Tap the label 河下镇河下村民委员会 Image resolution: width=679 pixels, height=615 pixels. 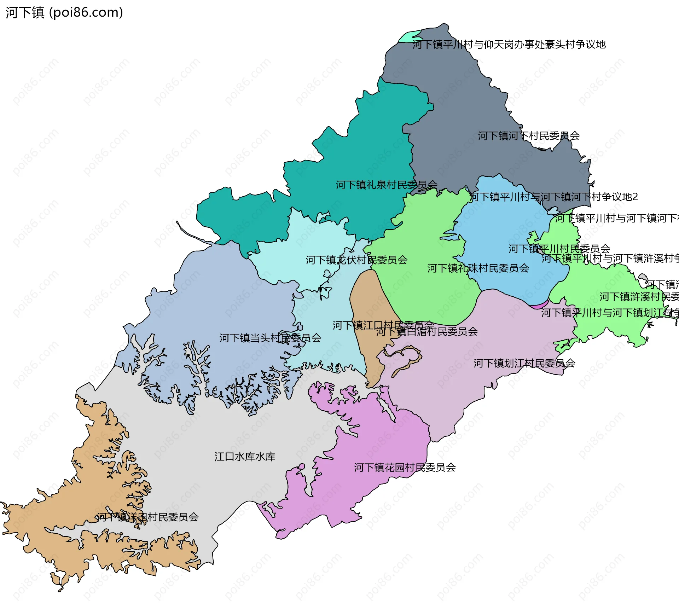(x=529, y=136)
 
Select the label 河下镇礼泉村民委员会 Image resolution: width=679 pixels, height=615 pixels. (x=387, y=185)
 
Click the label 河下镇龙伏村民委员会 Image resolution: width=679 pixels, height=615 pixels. (x=356, y=260)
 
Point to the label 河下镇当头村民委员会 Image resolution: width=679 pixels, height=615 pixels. (x=270, y=338)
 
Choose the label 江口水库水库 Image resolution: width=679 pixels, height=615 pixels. (x=245, y=457)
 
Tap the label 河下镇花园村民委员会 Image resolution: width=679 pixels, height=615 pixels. (x=405, y=468)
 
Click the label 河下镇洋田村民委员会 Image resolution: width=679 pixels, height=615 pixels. (x=148, y=517)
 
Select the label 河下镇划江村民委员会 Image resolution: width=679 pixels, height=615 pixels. (x=524, y=363)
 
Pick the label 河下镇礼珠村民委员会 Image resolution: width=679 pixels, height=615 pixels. (x=478, y=268)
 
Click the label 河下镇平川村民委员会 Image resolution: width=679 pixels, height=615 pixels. (x=559, y=249)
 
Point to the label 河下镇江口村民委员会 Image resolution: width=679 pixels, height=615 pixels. (x=383, y=325)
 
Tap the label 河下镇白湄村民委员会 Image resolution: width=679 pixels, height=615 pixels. (x=427, y=332)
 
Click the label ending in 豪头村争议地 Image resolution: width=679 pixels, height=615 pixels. (x=509, y=45)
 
